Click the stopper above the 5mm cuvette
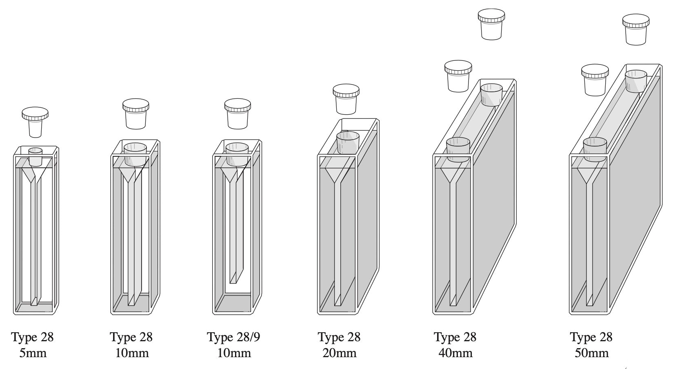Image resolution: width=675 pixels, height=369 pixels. pyautogui.click(x=35, y=122)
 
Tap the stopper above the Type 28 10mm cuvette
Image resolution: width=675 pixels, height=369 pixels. pyautogui.click(x=135, y=113)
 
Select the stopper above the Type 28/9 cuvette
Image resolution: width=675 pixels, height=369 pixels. pyautogui.click(x=237, y=113)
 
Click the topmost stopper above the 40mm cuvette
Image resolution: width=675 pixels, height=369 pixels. pyautogui.click(x=492, y=24)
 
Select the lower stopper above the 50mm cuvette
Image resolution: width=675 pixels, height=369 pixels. pyautogui.click(x=595, y=80)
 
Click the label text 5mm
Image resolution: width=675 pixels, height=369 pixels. pyautogui.click(x=33, y=353)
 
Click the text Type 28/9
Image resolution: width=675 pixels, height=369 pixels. pyautogui.click(x=233, y=337)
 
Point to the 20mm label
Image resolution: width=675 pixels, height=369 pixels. pyautogui.click(x=340, y=353)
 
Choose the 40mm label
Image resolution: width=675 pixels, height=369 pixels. pyautogui.click(x=455, y=353)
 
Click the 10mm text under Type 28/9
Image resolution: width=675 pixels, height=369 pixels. pyautogui.click(x=234, y=353)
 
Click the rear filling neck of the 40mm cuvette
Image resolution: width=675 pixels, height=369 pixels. pyautogui.click(x=491, y=94)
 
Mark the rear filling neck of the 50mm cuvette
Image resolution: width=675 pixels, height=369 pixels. pyautogui.click(x=636, y=81)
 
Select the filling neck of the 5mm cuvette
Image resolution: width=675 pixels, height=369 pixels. pyautogui.click(x=36, y=157)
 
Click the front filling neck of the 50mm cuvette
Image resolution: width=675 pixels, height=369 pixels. pyautogui.click(x=595, y=149)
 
